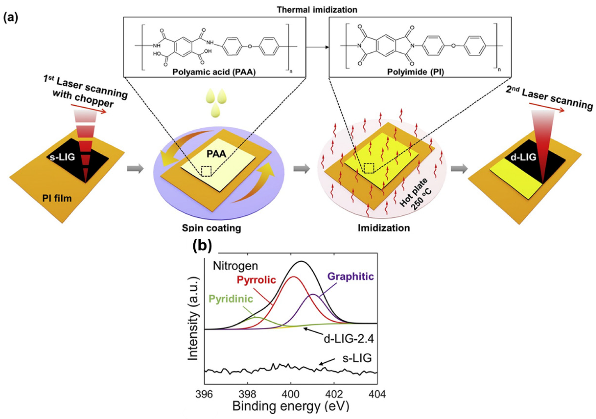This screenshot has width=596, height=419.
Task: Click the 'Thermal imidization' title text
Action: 317,10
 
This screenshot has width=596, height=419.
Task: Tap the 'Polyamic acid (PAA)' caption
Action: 214,72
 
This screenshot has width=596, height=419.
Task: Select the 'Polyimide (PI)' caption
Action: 415,72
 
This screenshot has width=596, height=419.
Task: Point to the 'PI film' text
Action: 57,198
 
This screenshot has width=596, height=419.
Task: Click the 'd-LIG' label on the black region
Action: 523,157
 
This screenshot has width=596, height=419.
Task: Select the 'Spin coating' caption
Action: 211,228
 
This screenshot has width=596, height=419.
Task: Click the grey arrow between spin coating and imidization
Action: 302,169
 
